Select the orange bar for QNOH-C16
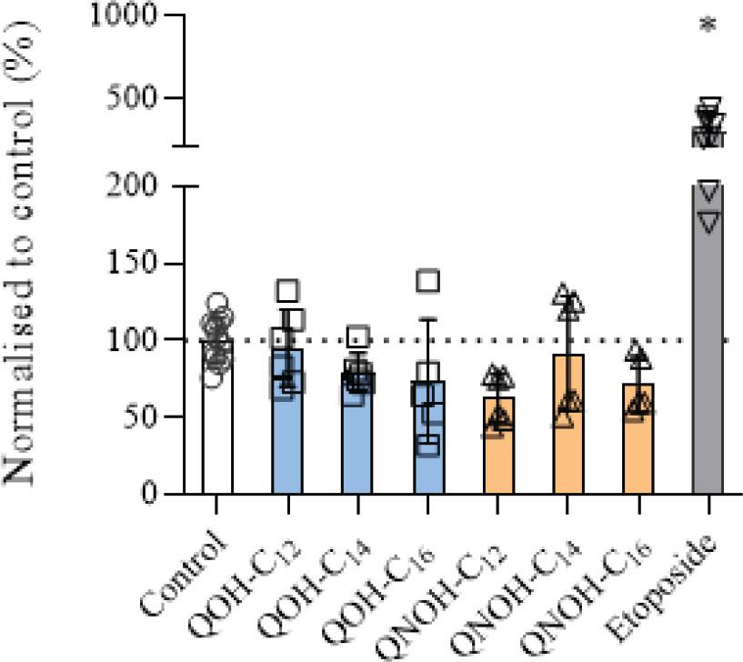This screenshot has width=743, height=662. coord(638,455)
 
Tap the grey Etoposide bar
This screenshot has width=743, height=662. coord(708,364)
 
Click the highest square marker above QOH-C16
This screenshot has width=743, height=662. coord(427,281)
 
